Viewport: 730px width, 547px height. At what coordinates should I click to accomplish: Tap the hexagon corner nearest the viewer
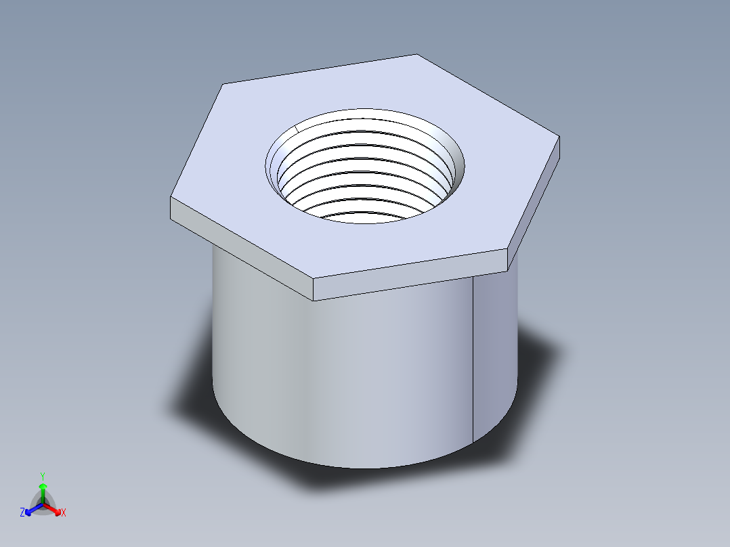click(x=314, y=278)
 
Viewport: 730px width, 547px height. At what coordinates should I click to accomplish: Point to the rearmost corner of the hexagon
click(x=415, y=54)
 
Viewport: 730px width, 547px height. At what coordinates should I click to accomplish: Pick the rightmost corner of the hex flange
click(x=559, y=137)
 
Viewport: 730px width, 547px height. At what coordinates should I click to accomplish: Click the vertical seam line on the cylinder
click(x=472, y=366)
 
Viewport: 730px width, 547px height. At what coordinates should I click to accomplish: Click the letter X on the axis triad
click(x=64, y=513)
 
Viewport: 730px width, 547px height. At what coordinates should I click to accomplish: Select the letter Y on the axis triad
click(x=42, y=476)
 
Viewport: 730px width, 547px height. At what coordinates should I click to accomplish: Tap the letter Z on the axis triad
click(x=22, y=512)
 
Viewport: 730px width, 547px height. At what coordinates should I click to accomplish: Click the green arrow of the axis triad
click(x=43, y=489)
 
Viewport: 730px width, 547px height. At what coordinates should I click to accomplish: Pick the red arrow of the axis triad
click(x=53, y=508)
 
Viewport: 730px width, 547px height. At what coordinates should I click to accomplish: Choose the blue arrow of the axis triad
click(x=31, y=508)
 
